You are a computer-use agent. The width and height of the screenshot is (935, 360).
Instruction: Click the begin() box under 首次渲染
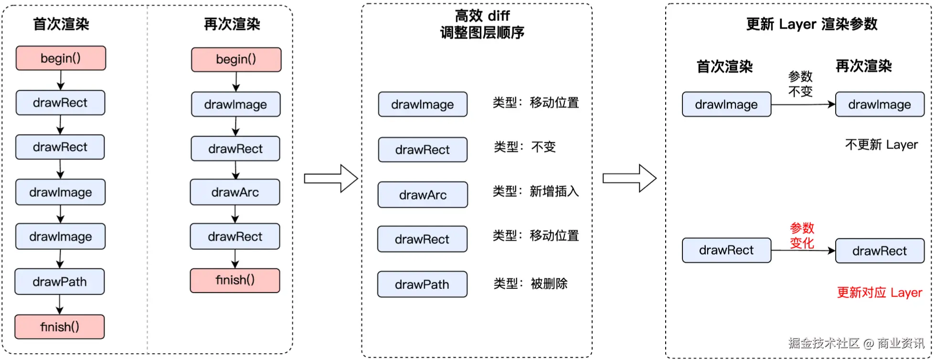tap(61, 58)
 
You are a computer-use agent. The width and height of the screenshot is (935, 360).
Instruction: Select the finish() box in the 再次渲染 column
tap(235, 280)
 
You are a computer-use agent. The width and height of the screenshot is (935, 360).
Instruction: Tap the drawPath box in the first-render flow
tap(60, 282)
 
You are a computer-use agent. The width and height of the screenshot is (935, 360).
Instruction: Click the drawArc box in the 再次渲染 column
tap(235, 192)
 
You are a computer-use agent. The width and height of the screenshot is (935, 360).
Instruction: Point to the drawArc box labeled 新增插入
tap(423, 195)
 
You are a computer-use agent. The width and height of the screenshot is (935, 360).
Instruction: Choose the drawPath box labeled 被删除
tap(422, 285)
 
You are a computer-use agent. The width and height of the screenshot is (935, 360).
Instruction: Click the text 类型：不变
tap(524, 147)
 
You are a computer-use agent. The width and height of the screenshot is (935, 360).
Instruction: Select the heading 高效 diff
tap(482, 16)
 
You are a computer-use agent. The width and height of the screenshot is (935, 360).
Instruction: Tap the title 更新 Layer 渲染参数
tap(811, 24)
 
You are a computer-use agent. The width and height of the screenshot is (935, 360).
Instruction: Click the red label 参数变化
tap(802, 235)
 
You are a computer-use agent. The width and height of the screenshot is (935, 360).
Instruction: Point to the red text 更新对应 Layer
tap(879, 293)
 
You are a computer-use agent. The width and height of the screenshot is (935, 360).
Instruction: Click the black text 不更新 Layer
tap(881, 145)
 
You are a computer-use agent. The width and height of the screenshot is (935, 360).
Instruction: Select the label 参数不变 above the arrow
tap(800, 84)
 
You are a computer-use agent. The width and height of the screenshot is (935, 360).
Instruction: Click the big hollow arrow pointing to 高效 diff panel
tap(331, 179)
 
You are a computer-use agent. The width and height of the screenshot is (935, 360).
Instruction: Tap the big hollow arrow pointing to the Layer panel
tap(629, 179)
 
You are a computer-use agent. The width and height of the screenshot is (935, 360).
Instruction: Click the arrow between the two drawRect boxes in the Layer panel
tap(803, 250)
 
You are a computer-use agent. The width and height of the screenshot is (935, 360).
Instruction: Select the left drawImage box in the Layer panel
tap(726, 105)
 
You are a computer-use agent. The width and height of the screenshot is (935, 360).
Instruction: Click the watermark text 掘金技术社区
tap(823, 343)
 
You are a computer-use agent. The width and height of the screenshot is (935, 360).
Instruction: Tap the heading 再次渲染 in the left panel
tap(232, 24)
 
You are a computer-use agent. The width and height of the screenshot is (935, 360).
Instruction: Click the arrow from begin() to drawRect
tap(61, 80)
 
